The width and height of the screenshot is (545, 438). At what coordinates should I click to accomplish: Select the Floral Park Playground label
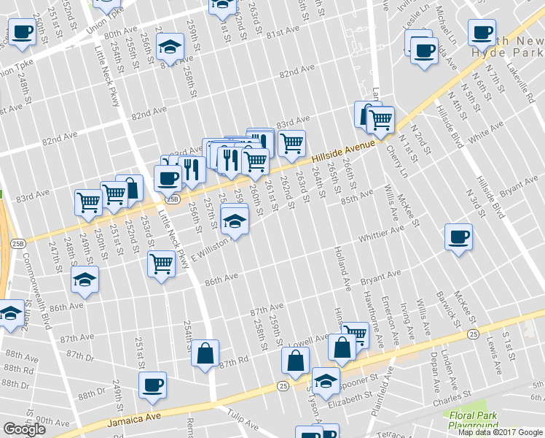pos(474,420)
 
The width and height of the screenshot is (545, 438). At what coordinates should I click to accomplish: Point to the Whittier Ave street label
pos(380,235)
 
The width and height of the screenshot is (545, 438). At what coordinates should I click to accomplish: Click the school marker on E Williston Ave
pos(234,220)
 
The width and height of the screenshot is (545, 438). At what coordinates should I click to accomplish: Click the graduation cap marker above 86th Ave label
pos(85,280)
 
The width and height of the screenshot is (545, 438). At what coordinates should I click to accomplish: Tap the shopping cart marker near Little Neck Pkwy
pos(161,264)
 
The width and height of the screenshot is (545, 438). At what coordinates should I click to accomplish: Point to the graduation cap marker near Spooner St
pos(326,381)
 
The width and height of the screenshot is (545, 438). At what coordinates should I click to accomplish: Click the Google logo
pos(24,429)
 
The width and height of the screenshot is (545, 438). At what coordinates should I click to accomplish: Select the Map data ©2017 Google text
pos(499,432)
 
